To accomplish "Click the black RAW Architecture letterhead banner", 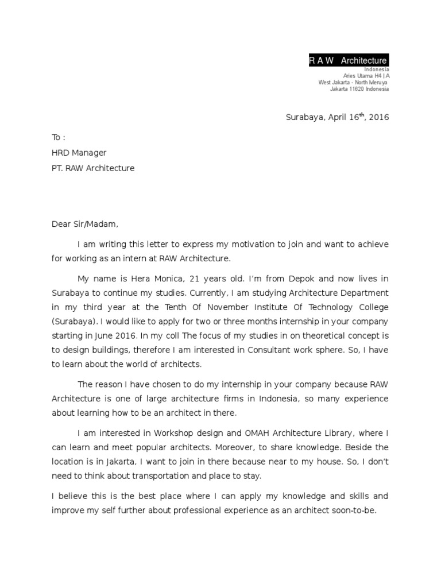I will tap(348, 61).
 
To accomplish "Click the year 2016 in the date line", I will tap(379, 117).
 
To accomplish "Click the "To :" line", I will tap(59, 138).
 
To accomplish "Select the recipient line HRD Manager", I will tap(79, 153).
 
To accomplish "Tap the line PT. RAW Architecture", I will tap(93, 168).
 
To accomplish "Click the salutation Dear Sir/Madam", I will tap(84, 225).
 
